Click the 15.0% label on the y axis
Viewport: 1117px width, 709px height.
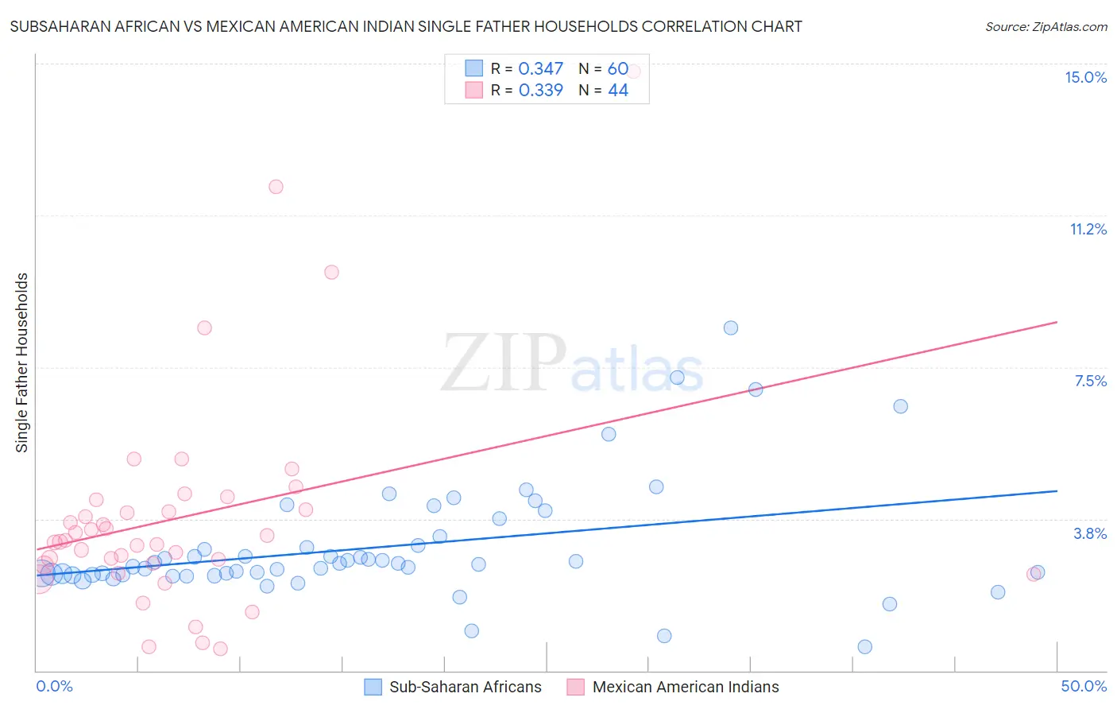1085,77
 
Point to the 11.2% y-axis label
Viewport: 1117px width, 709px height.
1088,229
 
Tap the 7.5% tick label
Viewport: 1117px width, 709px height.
1090,381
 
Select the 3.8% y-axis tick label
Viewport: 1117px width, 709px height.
1090,533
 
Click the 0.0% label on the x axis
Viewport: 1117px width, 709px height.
54,686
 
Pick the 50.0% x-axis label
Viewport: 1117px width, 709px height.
1084,686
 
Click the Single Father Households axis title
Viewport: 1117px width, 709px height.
21,362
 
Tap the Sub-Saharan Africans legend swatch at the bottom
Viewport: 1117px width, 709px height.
373,687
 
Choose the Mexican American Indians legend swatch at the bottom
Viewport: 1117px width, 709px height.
576,687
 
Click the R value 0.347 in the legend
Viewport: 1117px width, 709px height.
540,69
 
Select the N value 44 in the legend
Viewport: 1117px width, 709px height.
618,91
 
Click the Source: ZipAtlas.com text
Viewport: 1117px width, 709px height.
1045,26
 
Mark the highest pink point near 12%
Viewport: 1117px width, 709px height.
276,187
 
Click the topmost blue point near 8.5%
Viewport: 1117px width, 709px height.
731,327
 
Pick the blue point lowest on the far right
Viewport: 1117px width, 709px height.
865,646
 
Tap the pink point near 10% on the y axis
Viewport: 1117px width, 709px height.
331,272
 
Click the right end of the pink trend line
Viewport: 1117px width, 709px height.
1057,322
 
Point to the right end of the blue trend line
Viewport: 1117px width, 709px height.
1057,491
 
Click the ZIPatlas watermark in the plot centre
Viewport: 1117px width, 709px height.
572,363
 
